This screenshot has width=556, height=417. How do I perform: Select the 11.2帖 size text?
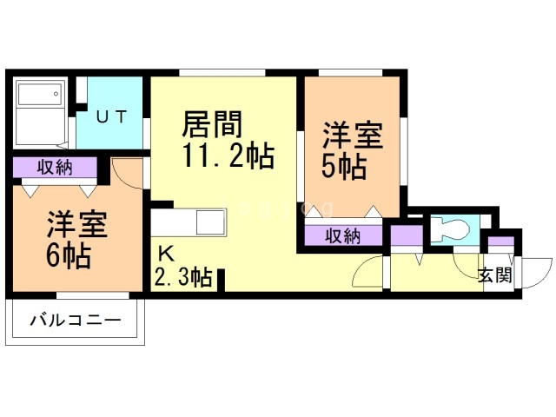[x=228, y=157]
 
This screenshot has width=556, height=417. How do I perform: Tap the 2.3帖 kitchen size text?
[x=182, y=278]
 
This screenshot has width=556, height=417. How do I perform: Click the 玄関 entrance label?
[x=494, y=275]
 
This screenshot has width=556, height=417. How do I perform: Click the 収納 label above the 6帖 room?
[x=55, y=167]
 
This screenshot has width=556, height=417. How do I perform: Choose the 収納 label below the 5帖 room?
[x=343, y=235]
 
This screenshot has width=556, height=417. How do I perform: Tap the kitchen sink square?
[x=211, y=222]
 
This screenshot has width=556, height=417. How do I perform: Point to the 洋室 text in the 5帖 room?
[x=353, y=136]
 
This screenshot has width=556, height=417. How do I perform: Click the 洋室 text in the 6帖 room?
[x=76, y=224]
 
